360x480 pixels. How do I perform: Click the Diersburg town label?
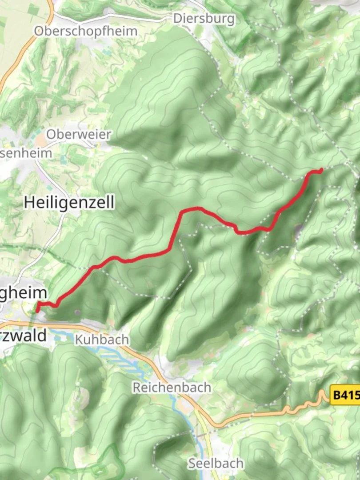click(x=204, y=19)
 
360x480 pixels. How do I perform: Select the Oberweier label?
click(x=78, y=134)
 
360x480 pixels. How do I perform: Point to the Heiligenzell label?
click(x=69, y=202)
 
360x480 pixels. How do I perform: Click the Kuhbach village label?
click(x=102, y=340)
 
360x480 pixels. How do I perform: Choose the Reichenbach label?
click(x=172, y=387)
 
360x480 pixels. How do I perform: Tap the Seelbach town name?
click(x=216, y=463)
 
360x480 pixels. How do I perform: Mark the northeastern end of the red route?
click(x=321, y=170)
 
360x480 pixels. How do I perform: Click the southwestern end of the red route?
click(x=37, y=309)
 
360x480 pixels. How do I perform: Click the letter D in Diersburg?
click(x=178, y=19)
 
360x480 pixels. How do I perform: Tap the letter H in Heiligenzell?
click(x=29, y=202)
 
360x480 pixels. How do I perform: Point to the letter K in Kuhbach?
click(x=79, y=340)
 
